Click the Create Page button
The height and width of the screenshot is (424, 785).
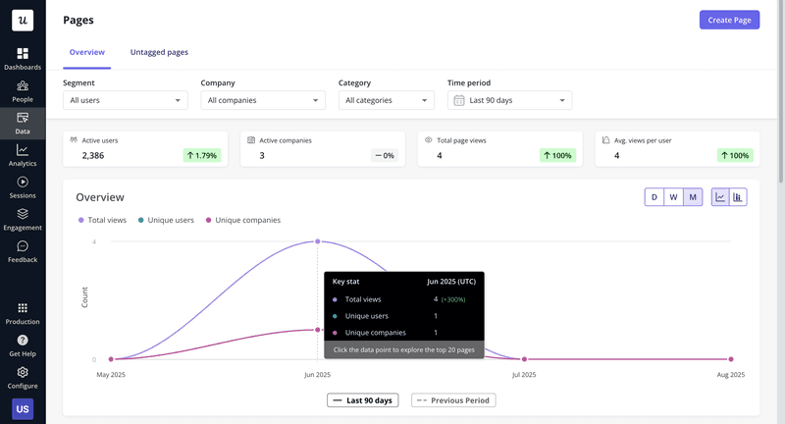coord(729,20)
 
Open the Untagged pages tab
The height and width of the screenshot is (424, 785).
coord(159,52)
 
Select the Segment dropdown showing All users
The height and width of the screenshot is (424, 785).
coord(125,100)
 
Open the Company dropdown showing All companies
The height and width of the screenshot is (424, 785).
coord(262,100)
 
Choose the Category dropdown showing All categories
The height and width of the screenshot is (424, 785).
coord(386,100)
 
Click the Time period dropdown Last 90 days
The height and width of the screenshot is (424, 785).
coord(509,100)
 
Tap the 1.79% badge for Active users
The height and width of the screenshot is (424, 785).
coord(201,155)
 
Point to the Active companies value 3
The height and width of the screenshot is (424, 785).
coord(262,155)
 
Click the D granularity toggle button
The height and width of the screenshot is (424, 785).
coord(654,197)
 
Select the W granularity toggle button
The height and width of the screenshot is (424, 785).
coord(673,197)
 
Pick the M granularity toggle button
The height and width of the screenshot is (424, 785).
coord(693,197)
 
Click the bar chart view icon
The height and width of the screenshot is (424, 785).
coord(738,197)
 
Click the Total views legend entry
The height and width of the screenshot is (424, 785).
coord(102,220)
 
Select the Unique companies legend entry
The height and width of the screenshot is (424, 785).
coord(242,220)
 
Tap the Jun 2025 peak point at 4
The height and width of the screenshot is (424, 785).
coord(318,241)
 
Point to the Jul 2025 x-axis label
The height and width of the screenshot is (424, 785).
coord(524,374)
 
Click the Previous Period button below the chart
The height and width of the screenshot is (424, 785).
coord(453,400)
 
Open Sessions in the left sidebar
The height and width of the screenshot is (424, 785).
coord(23,186)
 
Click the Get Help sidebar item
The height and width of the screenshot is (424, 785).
coord(23,344)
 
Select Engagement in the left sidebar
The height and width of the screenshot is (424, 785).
coord(23,219)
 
